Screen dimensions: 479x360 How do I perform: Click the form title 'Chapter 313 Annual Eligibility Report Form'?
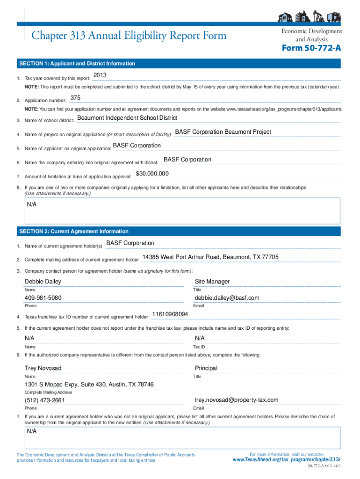(x=129, y=36)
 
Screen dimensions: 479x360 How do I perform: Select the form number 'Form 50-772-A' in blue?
(x=311, y=49)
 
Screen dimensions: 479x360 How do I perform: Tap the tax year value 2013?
(x=100, y=76)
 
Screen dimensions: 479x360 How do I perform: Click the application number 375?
(x=75, y=98)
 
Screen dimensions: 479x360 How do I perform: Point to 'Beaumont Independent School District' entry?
(x=127, y=118)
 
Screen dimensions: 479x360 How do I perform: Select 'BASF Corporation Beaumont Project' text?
(x=223, y=132)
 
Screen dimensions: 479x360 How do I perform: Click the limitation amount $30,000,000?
(x=152, y=174)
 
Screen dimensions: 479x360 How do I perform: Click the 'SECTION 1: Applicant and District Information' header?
(x=77, y=64)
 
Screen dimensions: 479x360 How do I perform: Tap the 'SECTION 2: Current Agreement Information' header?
(x=73, y=232)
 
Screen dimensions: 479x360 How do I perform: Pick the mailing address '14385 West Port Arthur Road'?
(x=210, y=257)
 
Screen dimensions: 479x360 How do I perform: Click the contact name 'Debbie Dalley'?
(x=43, y=282)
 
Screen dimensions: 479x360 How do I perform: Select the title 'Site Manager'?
(x=212, y=282)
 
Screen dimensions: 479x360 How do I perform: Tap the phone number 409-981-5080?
(x=43, y=298)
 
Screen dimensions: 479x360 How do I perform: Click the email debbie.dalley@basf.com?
(x=227, y=298)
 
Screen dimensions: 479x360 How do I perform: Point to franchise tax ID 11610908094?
(x=170, y=314)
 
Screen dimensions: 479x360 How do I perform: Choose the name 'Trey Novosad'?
(x=43, y=368)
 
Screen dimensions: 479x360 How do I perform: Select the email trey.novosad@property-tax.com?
(x=237, y=400)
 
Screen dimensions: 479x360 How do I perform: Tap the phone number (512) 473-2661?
(x=44, y=400)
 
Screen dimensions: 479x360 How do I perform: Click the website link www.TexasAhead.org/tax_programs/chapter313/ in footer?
(x=287, y=460)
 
